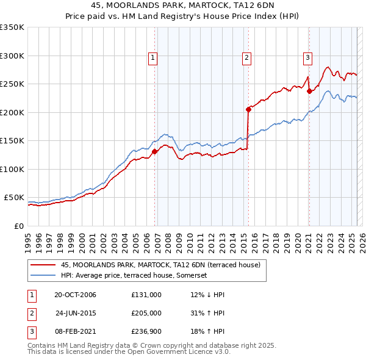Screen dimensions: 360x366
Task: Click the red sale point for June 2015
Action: point(248,110)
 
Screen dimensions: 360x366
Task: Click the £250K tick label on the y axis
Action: point(12,84)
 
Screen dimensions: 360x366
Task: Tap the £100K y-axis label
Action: point(12,169)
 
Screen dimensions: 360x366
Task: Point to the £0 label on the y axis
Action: point(18,226)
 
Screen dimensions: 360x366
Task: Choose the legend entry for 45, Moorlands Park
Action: point(160,265)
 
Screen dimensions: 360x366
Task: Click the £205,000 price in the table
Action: point(146,314)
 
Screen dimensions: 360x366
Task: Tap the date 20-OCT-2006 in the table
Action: point(75,295)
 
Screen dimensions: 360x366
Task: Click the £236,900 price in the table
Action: point(146,333)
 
